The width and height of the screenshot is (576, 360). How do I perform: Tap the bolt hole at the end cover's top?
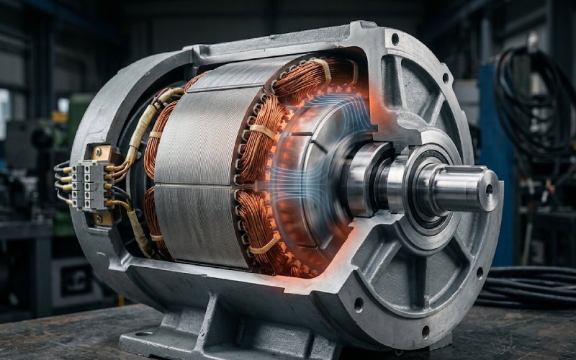click(x=395, y=38)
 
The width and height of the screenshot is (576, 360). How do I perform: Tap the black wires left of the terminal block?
click(x=63, y=180)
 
